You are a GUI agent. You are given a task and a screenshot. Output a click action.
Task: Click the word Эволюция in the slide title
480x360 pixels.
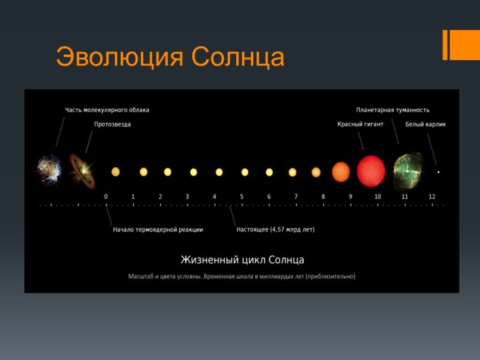pyautogui.click(x=120, y=57)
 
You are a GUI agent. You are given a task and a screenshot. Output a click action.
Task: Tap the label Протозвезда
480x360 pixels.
pyautogui.click(x=112, y=124)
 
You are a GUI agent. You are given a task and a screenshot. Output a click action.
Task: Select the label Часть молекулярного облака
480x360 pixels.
pyautogui.click(x=107, y=110)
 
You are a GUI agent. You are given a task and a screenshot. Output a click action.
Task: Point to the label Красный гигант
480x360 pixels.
pyautogui.click(x=360, y=124)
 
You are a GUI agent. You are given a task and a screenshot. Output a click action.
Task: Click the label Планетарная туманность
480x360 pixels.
pyautogui.click(x=393, y=110)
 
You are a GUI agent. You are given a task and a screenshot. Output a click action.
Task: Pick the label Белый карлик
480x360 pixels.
pyautogui.click(x=426, y=124)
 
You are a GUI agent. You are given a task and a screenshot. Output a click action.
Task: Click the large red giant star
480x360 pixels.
pyautogui.click(x=371, y=171)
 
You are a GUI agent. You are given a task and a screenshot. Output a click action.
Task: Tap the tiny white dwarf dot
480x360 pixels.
pyautogui.click(x=438, y=172)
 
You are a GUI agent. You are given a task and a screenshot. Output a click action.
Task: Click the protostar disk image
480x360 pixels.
pyautogui.click(x=82, y=171)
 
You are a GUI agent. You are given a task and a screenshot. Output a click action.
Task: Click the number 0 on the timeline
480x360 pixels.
pyautogui.click(x=106, y=196)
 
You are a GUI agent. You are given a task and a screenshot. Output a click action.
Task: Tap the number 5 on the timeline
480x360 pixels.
pyautogui.click(x=242, y=196)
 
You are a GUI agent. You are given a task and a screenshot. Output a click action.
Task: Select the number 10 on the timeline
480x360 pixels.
pyautogui.click(x=378, y=196)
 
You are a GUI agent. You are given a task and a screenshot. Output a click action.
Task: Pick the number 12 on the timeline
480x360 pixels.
pyautogui.click(x=432, y=196)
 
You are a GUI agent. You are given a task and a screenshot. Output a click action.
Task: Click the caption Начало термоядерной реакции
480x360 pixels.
pyautogui.click(x=158, y=230)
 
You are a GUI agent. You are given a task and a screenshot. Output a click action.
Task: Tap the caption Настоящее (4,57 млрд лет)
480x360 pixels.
pyautogui.click(x=276, y=230)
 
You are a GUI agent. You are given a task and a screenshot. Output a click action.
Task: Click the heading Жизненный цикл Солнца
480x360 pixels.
pyautogui.click(x=242, y=260)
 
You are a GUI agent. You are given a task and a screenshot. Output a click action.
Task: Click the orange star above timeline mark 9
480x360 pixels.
pyautogui.click(x=341, y=172)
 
